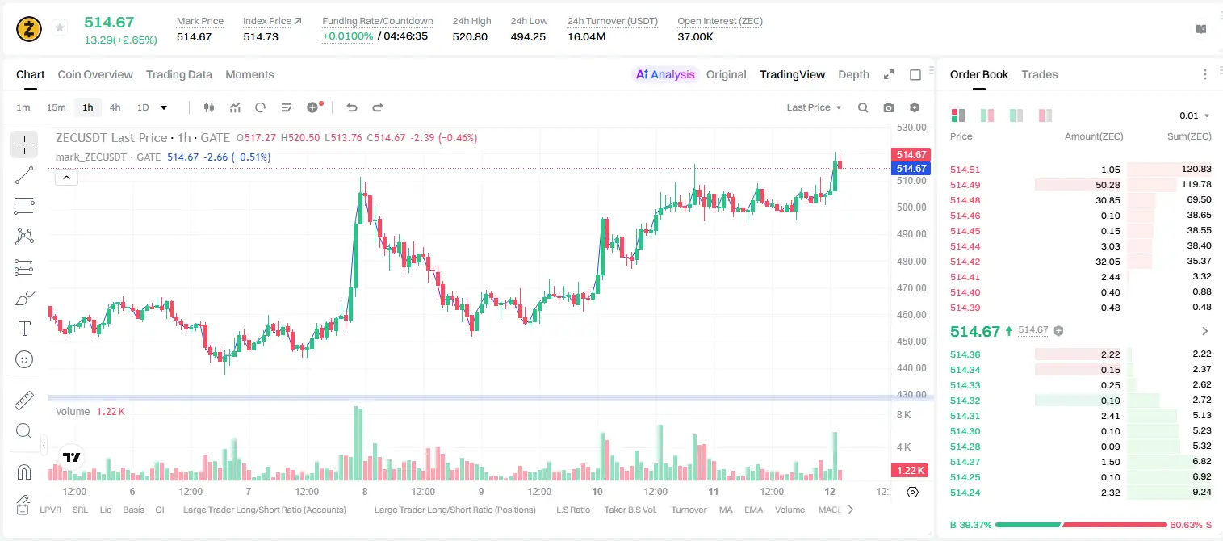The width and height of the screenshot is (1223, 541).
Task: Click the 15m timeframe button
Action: point(57,107)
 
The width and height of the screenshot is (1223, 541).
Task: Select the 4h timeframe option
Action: point(115,107)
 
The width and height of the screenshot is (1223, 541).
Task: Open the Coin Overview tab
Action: point(95,74)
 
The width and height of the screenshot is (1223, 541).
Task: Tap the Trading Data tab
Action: point(179,74)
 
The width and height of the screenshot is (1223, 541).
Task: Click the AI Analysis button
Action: point(665,74)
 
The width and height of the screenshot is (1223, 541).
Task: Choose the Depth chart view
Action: point(853,74)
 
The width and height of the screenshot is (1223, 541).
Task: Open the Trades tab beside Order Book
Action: point(1040,74)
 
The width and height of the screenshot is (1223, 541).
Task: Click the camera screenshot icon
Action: point(889,107)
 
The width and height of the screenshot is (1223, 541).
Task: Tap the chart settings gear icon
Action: point(915,107)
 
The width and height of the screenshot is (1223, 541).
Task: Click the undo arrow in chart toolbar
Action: point(352,107)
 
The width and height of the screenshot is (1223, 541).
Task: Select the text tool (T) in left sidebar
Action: point(24,329)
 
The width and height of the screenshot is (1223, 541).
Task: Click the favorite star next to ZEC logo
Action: point(60,27)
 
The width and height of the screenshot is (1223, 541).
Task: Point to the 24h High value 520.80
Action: point(470,36)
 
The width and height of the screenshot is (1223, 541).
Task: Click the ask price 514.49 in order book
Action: point(965,185)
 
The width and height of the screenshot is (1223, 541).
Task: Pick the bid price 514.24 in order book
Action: point(965,493)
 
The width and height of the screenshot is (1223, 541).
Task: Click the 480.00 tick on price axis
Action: point(911,261)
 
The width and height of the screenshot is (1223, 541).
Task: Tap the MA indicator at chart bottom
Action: point(726,510)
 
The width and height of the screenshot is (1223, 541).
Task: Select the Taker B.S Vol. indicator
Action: point(630,510)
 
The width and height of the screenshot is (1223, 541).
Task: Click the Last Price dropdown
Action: point(814,107)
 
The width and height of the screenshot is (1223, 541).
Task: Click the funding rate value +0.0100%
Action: point(348,36)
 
